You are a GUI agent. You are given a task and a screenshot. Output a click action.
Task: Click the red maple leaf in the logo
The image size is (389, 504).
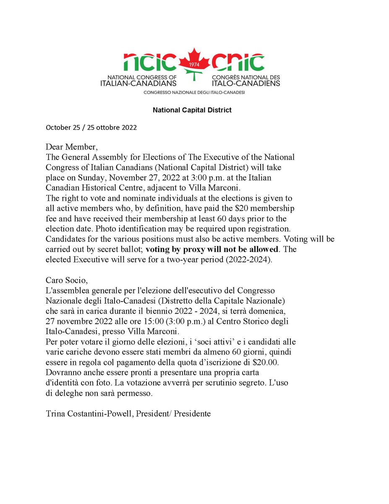[194, 63]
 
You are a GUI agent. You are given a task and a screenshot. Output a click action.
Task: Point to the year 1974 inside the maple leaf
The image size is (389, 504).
[194, 65]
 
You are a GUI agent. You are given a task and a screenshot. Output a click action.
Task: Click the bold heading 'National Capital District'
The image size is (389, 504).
[192, 110]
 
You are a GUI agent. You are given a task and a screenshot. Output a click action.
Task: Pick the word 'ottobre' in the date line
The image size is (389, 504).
[104, 127]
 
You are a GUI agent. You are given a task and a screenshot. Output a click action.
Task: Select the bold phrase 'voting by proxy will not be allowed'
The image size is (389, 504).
[212, 249]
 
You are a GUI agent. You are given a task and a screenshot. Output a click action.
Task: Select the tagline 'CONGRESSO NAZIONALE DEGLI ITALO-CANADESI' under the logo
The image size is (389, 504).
[194, 92]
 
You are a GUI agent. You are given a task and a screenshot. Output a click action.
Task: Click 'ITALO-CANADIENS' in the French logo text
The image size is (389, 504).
[246, 83]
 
